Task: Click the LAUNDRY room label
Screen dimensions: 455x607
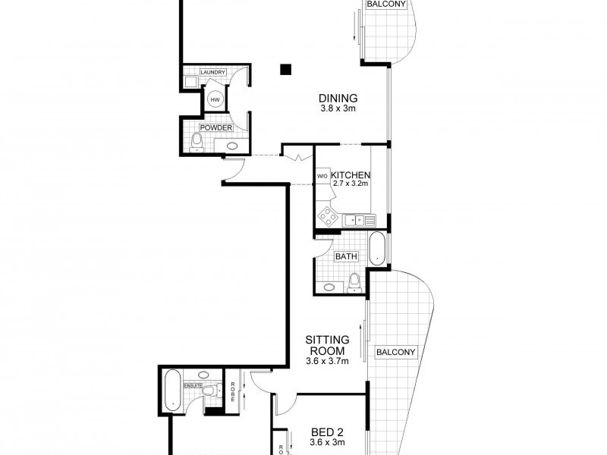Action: (212, 73)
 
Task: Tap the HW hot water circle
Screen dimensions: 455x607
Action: (215, 99)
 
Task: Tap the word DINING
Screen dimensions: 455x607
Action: (338, 98)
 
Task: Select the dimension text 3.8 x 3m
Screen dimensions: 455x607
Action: (338, 108)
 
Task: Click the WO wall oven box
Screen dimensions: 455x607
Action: (321, 177)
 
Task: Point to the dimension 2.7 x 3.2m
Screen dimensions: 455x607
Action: (350, 184)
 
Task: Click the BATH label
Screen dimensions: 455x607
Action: (346, 256)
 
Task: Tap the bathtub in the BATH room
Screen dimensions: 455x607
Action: (377, 248)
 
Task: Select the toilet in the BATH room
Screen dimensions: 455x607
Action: (352, 283)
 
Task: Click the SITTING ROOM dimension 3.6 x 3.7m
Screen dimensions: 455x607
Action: (327, 361)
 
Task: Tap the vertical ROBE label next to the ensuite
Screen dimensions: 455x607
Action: (234, 391)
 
